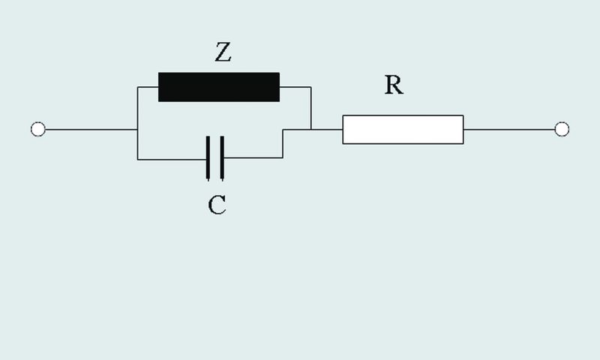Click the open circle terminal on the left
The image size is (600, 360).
[38, 130]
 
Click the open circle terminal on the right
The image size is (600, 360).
[562, 130]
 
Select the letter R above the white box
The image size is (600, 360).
[394, 85]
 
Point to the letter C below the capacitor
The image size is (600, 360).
[217, 205]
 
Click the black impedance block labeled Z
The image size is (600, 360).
[219, 87]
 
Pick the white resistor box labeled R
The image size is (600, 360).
[403, 129]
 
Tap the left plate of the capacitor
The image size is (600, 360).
[208, 158]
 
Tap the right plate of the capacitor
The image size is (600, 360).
[222, 158]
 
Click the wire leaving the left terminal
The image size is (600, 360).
[90, 130]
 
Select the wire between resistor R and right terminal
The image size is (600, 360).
[510, 130]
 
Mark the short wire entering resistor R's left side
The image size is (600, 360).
[327, 130]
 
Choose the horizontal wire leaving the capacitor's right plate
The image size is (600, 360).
[252, 158]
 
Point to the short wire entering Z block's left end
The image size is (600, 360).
[148, 87]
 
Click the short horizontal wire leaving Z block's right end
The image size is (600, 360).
[295, 87]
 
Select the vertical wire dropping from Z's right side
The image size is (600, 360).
[310, 108]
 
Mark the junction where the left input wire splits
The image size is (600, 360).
[137, 130]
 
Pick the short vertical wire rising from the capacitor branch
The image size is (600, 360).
[282, 144]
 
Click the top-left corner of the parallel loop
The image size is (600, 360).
[137, 87]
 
